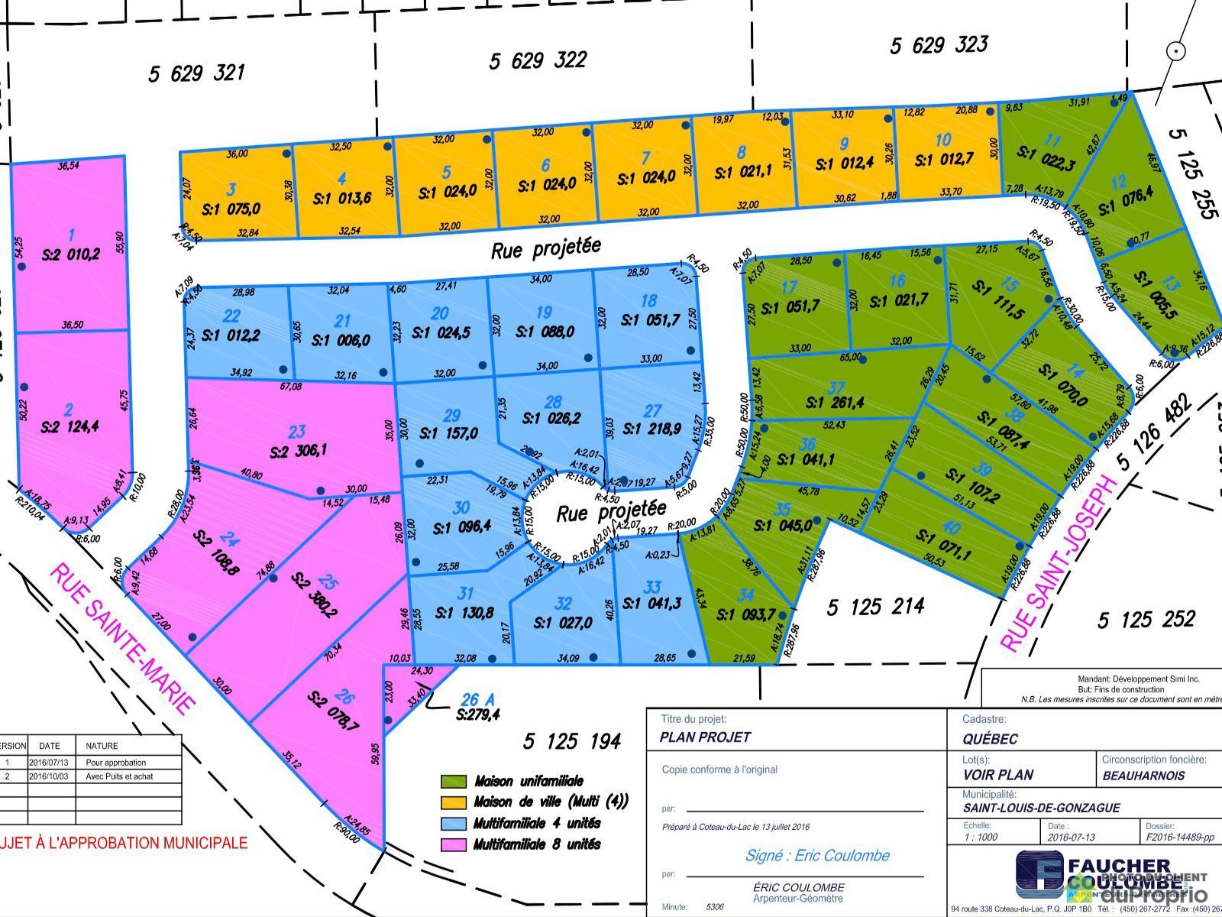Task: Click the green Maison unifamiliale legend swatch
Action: coord(453,782)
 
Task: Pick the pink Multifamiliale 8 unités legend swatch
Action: coord(453,845)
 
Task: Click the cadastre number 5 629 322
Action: coord(538,60)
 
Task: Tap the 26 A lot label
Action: coord(478,699)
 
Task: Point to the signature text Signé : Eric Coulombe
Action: coord(817,855)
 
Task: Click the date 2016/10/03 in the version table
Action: coord(49,776)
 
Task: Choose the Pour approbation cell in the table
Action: coord(115,763)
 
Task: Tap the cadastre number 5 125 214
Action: coord(875,608)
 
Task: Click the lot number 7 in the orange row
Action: coord(645,158)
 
